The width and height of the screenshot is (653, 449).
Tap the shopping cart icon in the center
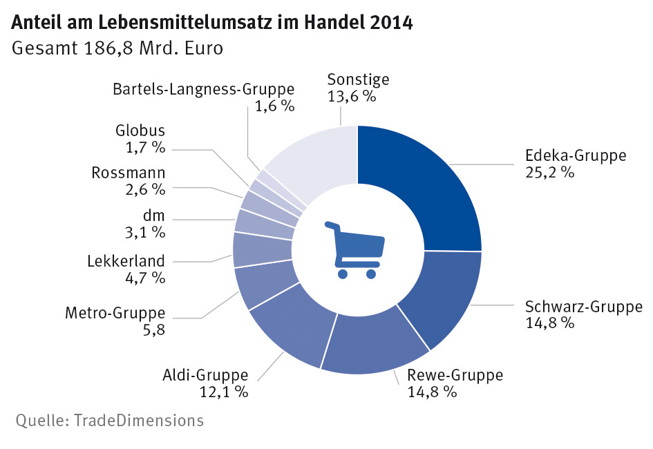pos(356,249)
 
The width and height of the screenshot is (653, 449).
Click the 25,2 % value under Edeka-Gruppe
pos(550,173)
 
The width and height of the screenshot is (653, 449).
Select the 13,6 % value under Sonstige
pos(352,96)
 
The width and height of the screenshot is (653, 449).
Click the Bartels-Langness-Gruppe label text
pos(204,89)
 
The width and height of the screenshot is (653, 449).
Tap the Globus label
pos(140,131)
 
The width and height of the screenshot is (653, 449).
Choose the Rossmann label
pos(129,172)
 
